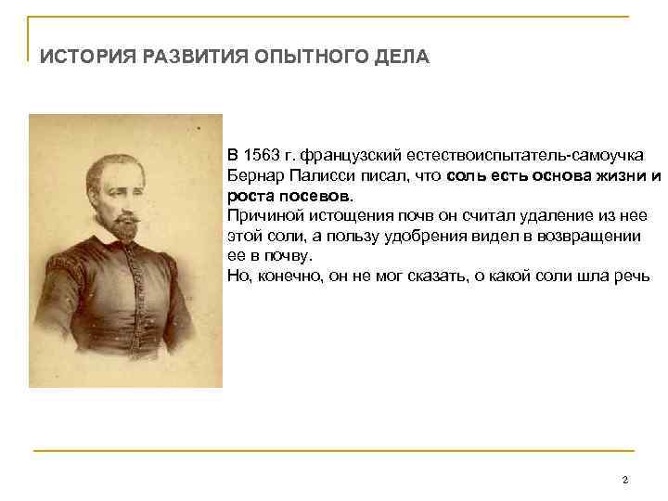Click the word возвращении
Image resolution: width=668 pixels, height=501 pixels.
(x=591, y=236)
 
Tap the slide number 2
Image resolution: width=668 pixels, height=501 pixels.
(x=625, y=480)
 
